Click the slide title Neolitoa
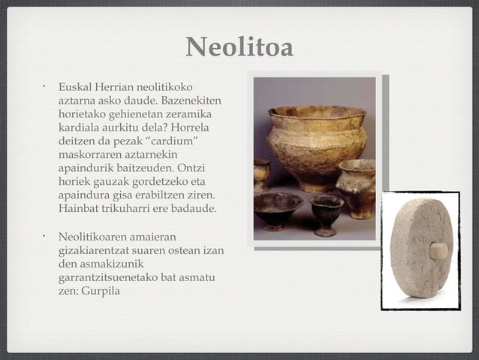tap(239, 47)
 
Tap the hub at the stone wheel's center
tap(438, 250)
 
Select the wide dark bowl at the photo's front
tap(277, 208)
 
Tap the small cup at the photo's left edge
tap(261, 174)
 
